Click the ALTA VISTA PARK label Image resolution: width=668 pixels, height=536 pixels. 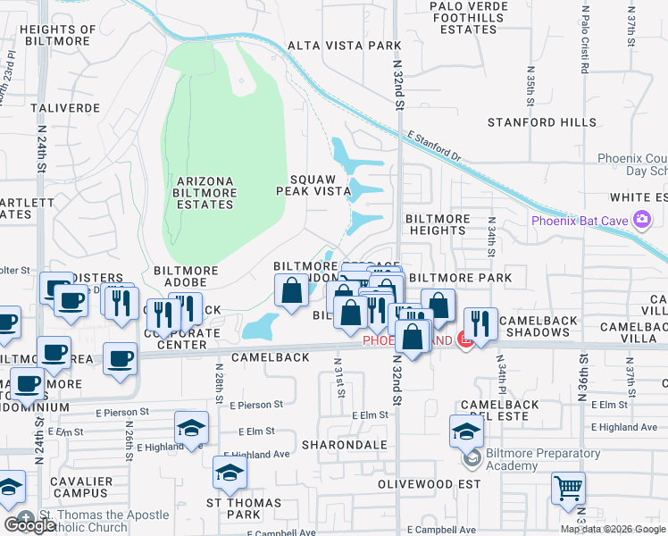[336, 46]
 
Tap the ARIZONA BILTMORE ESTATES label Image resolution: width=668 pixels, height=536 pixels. [205, 193]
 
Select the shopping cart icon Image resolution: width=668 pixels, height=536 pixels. [568, 489]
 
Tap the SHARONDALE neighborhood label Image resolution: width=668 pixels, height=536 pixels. [345, 444]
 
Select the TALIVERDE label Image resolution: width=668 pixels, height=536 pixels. [64, 107]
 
